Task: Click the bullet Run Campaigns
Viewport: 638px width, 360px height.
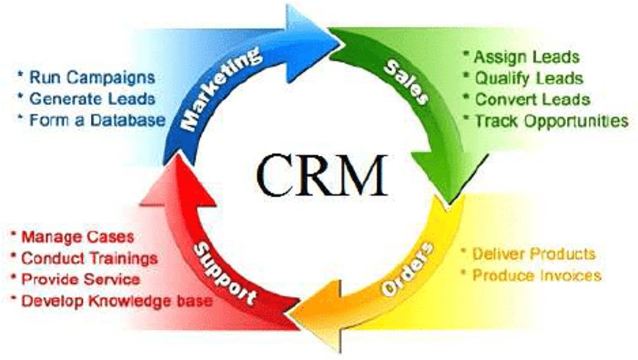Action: tap(86, 76)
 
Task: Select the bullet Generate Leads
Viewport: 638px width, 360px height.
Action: tap(87, 98)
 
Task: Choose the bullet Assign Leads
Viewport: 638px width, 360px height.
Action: tap(520, 56)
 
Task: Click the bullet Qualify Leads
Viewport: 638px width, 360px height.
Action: tap(522, 78)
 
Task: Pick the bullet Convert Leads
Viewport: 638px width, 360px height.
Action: tap(526, 99)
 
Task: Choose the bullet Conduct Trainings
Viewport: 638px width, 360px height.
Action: tap(84, 258)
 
